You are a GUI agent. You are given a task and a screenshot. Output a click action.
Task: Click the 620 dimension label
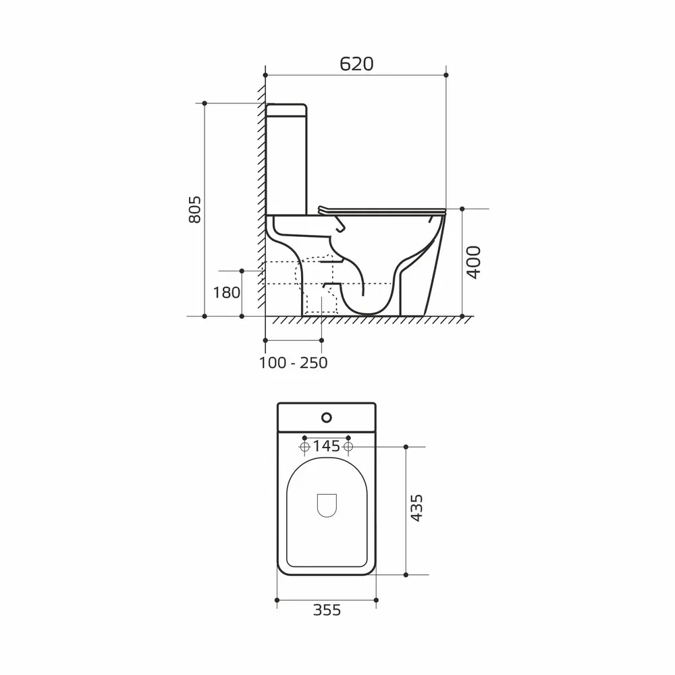coord(356,63)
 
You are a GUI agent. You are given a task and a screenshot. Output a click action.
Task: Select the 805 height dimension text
coord(194,210)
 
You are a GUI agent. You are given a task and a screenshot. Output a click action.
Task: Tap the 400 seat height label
coord(474,263)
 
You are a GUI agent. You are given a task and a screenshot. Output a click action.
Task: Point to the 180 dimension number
coord(226,293)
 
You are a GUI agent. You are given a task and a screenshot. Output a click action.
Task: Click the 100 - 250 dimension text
coord(293,363)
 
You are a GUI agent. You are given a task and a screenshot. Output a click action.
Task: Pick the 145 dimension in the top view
coord(326,446)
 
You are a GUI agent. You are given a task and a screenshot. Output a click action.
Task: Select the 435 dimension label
coord(416,508)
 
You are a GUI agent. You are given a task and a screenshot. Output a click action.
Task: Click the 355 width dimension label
coord(327,610)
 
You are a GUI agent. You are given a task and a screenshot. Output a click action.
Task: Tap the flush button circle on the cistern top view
coord(327,417)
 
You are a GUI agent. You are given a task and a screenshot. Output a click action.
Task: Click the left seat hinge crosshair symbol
coord(304,447)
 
